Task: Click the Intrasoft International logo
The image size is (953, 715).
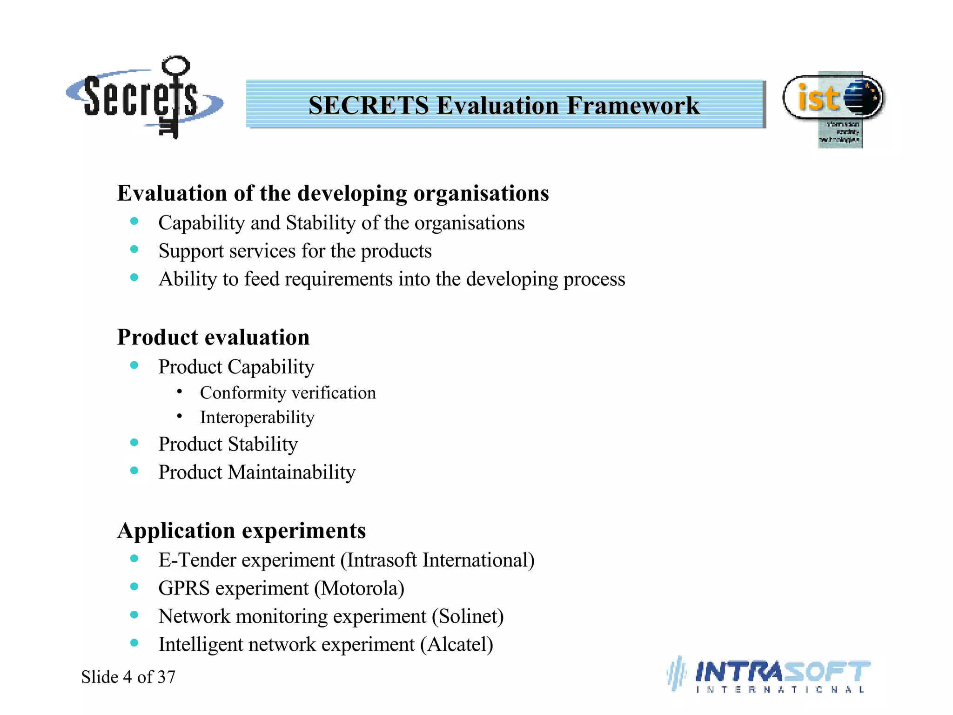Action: pyautogui.click(x=770, y=675)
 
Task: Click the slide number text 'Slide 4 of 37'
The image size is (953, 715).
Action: pyautogui.click(x=128, y=677)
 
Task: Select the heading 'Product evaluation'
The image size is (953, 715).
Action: pyautogui.click(x=213, y=337)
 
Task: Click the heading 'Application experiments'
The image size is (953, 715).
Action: pyautogui.click(x=242, y=530)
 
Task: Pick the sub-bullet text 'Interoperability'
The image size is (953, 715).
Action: pyautogui.click(x=257, y=417)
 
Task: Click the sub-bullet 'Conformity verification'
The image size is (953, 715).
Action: pyautogui.click(x=288, y=393)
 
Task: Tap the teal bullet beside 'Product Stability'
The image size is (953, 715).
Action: pyautogui.click(x=134, y=443)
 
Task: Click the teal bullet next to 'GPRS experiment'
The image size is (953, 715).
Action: pyautogui.click(x=134, y=587)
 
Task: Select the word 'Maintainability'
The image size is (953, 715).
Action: pyautogui.click(x=292, y=472)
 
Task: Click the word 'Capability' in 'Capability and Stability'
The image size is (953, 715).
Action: pyautogui.click(x=201, y=223)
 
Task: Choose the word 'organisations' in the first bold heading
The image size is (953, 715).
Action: pyautogui.click(x=481, y=193)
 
